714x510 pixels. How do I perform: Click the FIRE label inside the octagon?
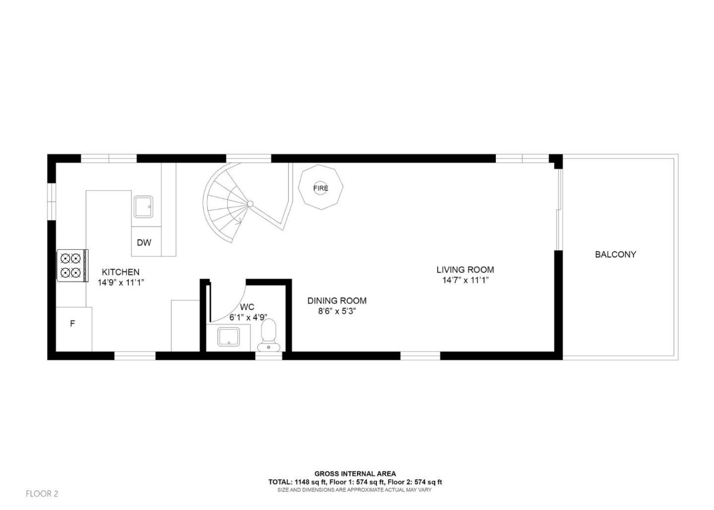pos(320,188)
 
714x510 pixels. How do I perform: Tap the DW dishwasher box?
pos(144,242)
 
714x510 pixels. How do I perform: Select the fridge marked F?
pos(73,324)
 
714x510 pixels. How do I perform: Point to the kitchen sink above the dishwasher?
pos(143,207)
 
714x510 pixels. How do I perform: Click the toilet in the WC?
pos(268,333)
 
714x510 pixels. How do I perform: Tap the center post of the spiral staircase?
pos(250,203)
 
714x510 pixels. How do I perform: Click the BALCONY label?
pos(615,254)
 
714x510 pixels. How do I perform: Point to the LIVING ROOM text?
pos(465,270)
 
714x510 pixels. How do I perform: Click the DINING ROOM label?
pos(337,300)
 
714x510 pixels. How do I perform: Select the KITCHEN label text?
pos(120,272)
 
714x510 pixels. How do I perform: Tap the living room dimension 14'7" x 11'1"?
pos(465,281)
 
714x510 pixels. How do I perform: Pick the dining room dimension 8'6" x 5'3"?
pos(337,311)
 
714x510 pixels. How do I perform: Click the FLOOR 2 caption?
pos(42,494)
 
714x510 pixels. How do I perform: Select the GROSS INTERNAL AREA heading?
pos(355,474)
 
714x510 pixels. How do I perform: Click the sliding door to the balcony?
pos(558,208)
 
